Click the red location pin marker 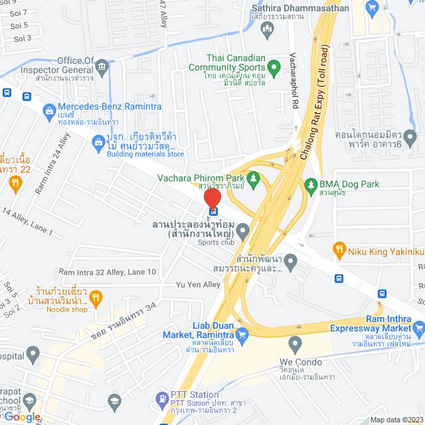tap(212, 200)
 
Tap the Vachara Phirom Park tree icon tap(253, 178)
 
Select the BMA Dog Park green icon tap(309, 184)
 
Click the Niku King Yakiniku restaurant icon tap(339, 250)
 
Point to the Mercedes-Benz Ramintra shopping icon tap(48, 110)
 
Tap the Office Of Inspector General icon tap(102, 66)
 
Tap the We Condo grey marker tap(296, 345)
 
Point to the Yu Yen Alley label tap(198, 285)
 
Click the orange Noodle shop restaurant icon tap(96, 296)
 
